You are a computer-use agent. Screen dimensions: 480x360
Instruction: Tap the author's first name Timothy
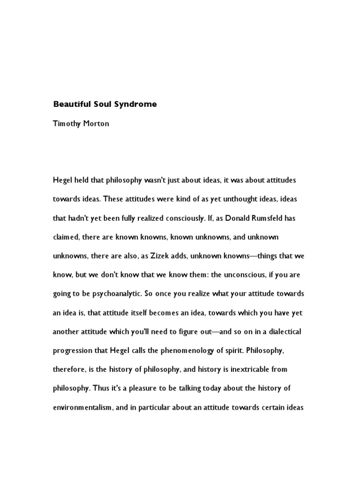tap(67, 124)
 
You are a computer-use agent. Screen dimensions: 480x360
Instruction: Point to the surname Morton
tap(97, 124)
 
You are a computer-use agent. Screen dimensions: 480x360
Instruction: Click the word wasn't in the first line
tap(150, 180)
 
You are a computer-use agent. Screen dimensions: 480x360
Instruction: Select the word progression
tap(73, 351)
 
